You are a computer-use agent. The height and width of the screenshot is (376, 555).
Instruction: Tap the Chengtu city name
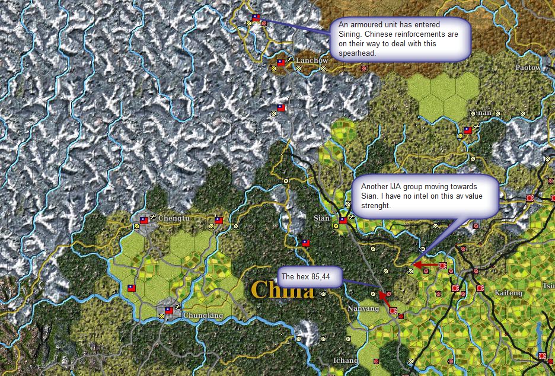(174, 218)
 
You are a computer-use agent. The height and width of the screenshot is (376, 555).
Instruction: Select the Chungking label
(203, 316)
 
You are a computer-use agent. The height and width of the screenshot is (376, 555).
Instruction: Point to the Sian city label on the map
(321, 218)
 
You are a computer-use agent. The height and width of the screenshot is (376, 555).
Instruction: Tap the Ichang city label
(345, 360)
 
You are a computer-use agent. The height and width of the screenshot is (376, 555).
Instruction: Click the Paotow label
(528, 68)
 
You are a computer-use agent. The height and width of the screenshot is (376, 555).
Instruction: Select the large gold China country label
(282, 290)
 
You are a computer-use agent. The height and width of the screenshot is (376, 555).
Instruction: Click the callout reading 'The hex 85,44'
(310, 277)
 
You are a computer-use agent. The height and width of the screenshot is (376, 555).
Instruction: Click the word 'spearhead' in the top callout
(358, 53)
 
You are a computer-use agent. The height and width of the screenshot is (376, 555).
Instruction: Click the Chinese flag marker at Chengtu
(143, 220)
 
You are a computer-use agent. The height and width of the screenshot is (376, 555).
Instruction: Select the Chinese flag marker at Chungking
(169, 310)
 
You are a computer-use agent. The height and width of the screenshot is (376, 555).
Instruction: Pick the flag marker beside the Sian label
(343, 220)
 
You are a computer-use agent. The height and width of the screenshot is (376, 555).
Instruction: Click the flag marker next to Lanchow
(281, 62)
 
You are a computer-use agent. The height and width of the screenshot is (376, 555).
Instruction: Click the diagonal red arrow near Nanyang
(385, 301)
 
